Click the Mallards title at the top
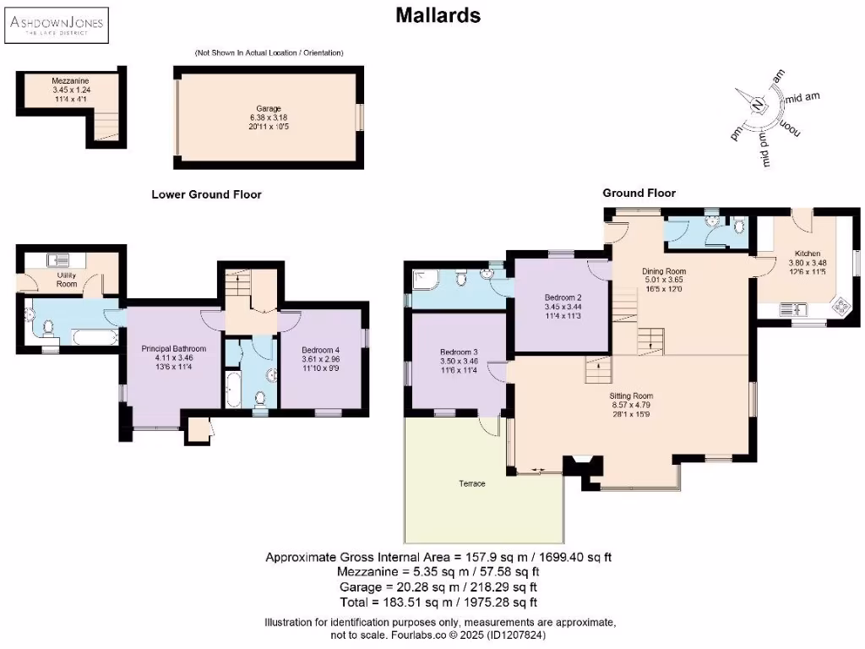[x=438, y=15]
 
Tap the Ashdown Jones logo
[x=57, y=25]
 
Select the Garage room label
[x=269, y=109]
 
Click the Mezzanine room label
[x=71, y=80]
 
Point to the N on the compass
[x=759, y=104]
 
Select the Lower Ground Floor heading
[x=206, y=194]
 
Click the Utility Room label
[x=67, y=279]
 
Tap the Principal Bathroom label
[x=174, y=349]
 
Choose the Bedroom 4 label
[x=320, y=350]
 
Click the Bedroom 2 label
[x=563, y=297]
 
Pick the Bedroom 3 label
[x=459, y=352]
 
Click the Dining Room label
[x=664, y=271]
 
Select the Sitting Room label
[x=631, y=395]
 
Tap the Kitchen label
[x=808, y=254]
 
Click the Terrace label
[x=472, y=483]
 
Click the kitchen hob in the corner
[x=842, y=307]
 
